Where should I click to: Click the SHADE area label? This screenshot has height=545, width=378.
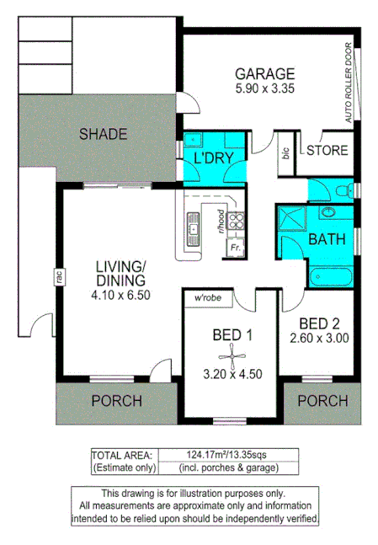pos(103,134)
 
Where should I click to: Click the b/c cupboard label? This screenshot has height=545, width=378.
pos(285,153)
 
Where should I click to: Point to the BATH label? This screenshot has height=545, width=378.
pos(326,239)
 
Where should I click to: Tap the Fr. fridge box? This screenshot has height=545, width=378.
pos(236,249)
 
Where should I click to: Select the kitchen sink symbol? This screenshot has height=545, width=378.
pos(193,227)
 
